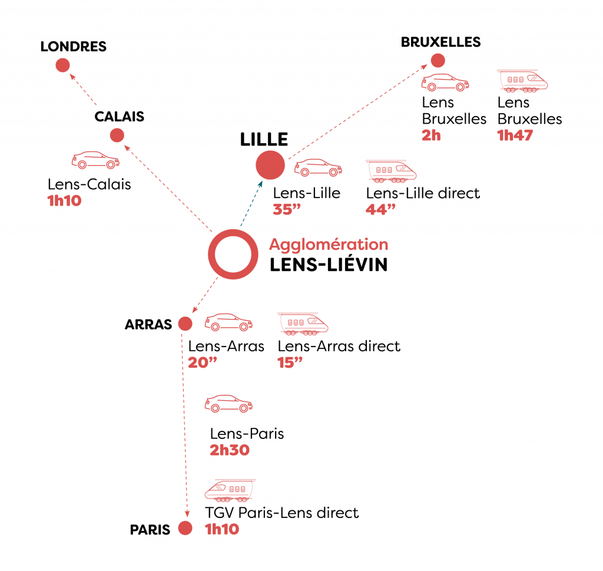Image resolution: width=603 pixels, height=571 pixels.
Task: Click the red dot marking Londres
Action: pos(62,65)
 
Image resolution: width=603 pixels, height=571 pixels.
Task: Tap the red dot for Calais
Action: pos(117,135)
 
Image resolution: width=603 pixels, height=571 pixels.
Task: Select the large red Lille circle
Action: pos(270,165)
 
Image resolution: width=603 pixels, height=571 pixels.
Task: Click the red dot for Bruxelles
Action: pos(438,61)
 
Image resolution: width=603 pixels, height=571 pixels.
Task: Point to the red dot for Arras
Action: pos(185,324)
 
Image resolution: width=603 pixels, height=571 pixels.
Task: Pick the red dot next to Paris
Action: pos(185,528)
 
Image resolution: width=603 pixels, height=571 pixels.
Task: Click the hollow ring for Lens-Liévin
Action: pos(210,254)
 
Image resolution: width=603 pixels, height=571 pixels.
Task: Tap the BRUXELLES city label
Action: pos(440,42)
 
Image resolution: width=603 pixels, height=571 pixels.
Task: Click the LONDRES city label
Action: pos(74,47)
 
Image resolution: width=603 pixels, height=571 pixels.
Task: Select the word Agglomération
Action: pos(329,245)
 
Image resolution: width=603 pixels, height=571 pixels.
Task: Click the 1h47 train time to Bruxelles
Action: pos(515,135)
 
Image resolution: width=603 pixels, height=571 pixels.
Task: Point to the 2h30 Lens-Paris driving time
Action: pos(230,450)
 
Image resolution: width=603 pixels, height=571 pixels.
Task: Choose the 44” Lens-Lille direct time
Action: pos(380,209)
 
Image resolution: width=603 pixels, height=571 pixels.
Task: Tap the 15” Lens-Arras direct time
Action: pos(290,362)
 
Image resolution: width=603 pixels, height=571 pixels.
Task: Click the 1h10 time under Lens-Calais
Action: pos(64,200)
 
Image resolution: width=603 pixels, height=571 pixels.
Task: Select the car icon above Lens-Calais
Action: pos(95,160)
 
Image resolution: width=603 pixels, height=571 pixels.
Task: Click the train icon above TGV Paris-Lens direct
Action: pos(230,491)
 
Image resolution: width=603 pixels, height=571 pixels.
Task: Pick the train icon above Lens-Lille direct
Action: pos(391,171)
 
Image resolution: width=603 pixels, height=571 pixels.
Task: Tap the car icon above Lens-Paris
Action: pos(228,404)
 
